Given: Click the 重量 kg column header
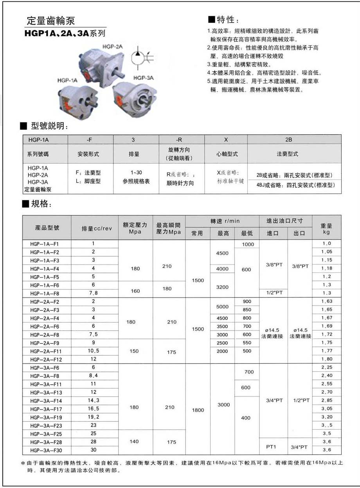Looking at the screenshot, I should coord(326,229).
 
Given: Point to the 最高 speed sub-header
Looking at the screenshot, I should coord(223,233).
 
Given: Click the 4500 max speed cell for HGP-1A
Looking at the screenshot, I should coord(222,253).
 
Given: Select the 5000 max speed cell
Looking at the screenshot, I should coord(222,306).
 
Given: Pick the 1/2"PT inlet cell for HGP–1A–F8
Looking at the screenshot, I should coord(274,293).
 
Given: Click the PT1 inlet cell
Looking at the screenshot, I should coord(272,447).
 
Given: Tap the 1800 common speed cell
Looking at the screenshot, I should coord(198,410).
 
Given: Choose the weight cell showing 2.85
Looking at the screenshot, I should coord(326,400).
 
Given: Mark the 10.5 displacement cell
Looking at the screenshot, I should coord(94,351).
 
